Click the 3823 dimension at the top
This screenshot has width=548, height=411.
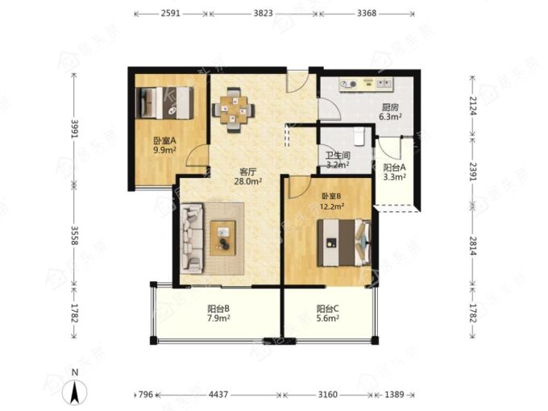263,13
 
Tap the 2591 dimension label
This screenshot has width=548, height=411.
171,13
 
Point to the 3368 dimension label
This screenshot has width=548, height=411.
367,13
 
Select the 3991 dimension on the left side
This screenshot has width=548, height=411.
74,129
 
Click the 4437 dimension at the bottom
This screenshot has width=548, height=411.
218,395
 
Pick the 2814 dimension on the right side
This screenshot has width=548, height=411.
472,246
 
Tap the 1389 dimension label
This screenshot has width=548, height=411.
394,395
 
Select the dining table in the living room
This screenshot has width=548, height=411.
233,110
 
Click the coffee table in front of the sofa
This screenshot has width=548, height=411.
223,238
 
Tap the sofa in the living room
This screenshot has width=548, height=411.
192,238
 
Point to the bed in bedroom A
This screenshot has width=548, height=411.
164,103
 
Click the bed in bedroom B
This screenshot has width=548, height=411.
344,243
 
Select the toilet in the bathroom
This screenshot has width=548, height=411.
359,136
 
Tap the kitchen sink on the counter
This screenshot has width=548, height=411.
384,84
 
